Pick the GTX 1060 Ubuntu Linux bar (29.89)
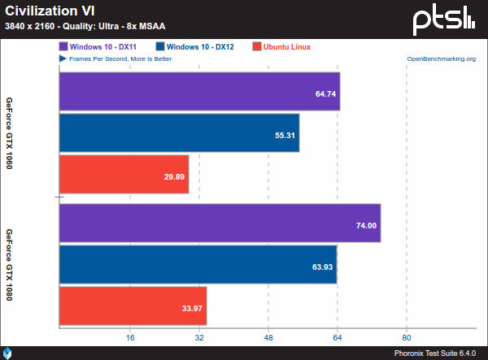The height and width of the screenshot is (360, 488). coord(124,174)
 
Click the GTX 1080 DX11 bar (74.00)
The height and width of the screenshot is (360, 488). coord(220,224)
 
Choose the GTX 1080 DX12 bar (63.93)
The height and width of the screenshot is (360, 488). coord(198,265)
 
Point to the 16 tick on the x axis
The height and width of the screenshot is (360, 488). coord(130,336)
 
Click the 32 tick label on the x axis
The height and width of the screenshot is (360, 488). coord(199,336)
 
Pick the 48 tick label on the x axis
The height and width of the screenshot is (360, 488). coord(268,336)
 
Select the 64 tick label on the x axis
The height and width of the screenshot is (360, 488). coord(338,336)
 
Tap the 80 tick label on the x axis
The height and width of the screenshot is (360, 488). coord(407,336)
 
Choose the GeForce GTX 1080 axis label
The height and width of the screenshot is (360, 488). coord(9,265)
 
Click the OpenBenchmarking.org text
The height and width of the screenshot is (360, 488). coord(441,59)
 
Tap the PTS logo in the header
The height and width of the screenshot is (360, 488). coord(444,18)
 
